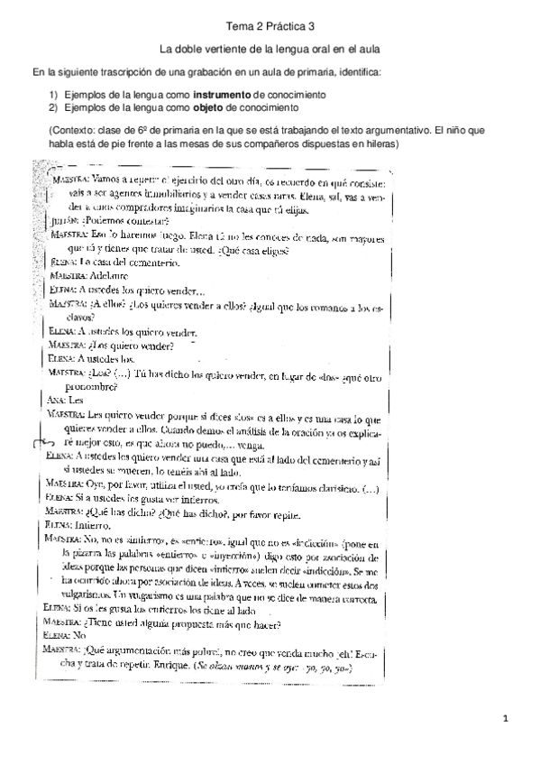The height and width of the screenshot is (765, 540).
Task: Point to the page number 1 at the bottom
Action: coord(508,719)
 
